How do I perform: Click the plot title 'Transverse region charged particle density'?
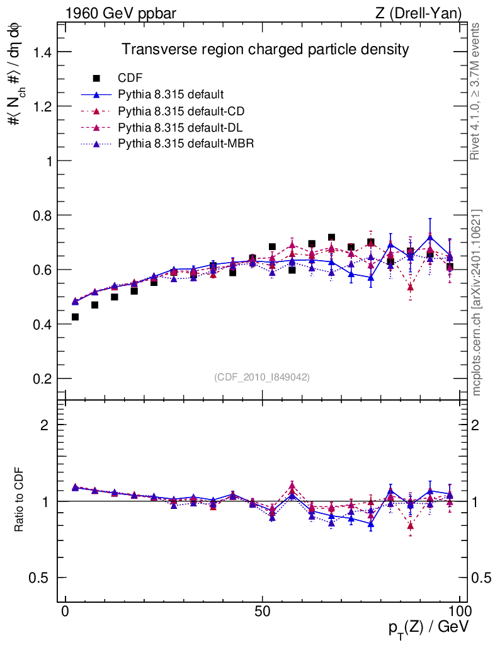click(266, 49)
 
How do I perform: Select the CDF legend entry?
click(130, 78)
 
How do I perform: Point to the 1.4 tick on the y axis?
click(39, 52)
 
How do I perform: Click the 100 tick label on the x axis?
click(459, 611)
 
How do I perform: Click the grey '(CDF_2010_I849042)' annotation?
click(262, 377)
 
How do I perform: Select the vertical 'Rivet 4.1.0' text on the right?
click(476, 91)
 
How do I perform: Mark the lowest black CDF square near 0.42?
click(75, 317)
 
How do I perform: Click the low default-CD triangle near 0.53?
click(411, 287)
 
